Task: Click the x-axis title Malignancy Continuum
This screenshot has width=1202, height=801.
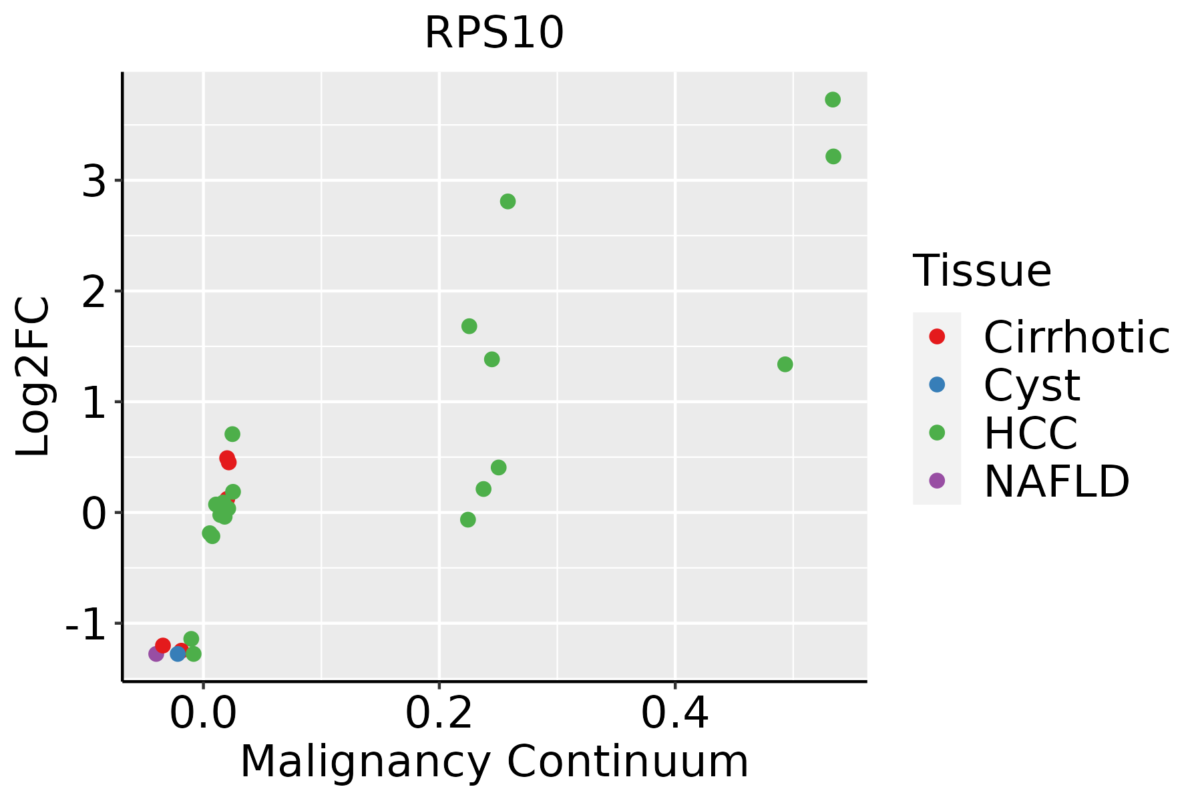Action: (x=494, y=762)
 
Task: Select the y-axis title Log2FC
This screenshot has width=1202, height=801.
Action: (x=33, y=376)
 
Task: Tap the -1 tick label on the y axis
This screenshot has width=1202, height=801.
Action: (x=86, y=624)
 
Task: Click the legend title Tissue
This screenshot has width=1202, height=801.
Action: (x=982, y=271)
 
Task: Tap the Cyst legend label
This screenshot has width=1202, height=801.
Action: (x=1032, y=385)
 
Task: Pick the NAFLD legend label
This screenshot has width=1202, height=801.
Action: (x=1056, y=481)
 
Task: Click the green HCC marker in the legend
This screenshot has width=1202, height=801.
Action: (x=937, y=433)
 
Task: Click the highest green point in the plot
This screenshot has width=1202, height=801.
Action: (x=833, y=99)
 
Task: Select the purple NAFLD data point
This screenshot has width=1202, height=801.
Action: (x=156, y=653)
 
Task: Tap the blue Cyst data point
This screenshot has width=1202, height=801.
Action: (x=178, y=653)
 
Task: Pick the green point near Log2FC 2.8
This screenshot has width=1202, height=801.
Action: (x=508, y=202)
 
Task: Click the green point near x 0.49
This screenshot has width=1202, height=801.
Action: (x=785, y=364)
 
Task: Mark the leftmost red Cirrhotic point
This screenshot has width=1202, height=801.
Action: (x=163, y=645)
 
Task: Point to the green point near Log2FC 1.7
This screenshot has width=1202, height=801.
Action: (x=469, y=326)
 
